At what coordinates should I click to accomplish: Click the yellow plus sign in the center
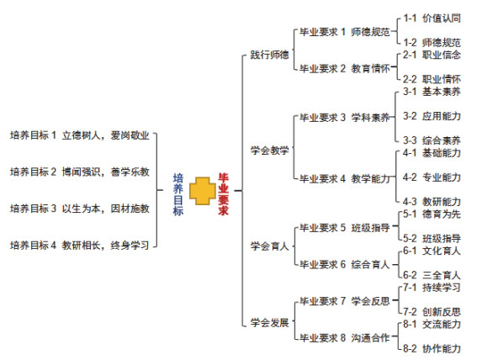coord(202,191)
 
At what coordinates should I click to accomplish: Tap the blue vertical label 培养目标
coord(178,194)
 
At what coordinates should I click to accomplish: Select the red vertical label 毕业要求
coord(223,193)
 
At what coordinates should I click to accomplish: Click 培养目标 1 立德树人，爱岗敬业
coord(80,135)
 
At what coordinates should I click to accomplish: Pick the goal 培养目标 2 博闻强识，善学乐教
coord(80,172)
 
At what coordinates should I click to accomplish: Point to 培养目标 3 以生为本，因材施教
coord(80,209)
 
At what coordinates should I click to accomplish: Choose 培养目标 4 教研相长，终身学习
coord(80,245)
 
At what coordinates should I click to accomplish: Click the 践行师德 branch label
coord(269,55)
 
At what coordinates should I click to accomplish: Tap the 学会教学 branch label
coord(269,151)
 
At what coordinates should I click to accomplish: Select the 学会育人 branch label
coord(269,246)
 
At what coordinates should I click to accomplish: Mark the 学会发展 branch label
coord(269,322)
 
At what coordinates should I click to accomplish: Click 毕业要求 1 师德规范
coord(345,32)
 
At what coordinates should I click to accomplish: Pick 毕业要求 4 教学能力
coord(345,178)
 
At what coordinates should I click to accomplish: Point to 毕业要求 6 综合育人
coord(345,264)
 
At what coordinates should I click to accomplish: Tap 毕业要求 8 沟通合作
coord(345,338)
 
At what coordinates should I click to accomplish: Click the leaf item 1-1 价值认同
coord(432,19)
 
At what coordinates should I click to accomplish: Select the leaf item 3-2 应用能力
coord(432,116)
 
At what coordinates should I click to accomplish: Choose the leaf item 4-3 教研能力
coord(432,202)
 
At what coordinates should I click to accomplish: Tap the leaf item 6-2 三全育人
coord(432,275)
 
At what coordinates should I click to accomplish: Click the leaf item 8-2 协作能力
coord(432,348)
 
